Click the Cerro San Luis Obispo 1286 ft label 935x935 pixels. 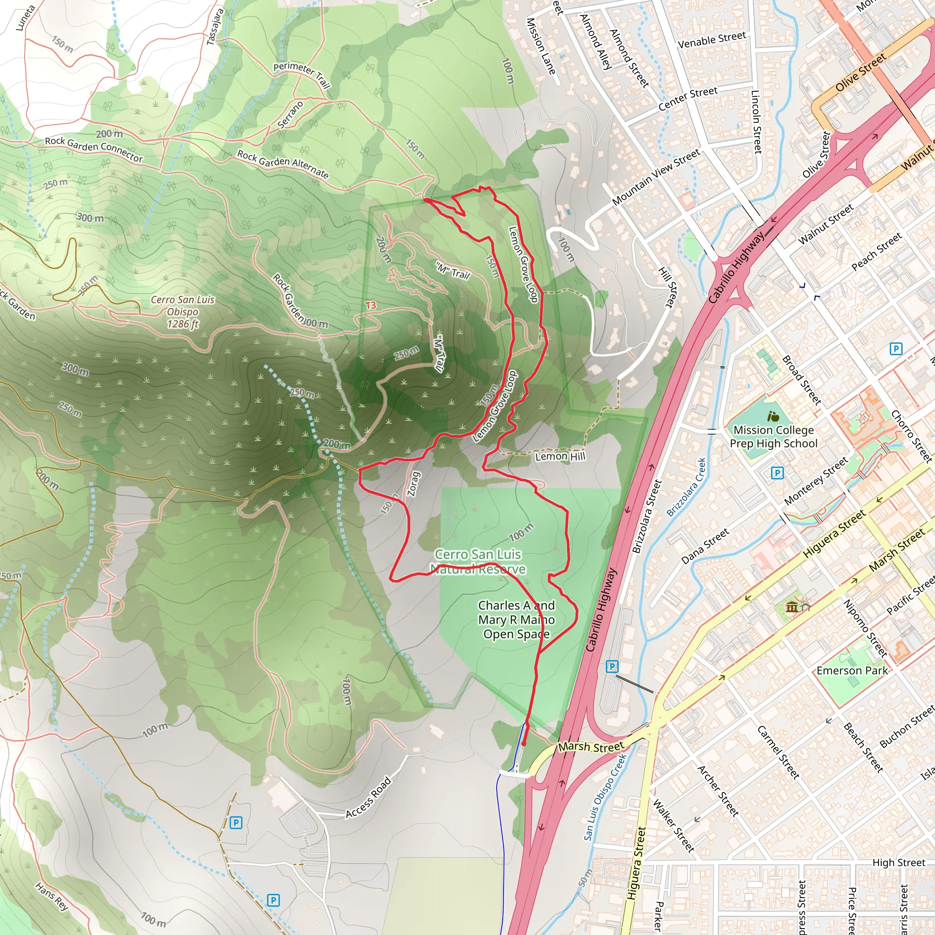click(x=182, y=312)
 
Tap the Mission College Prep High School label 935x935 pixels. click(x=773, y=436)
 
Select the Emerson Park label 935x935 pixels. click(x=852, y=671)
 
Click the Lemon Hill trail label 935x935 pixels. click(x=560, y=457)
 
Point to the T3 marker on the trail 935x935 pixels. click(x=371, y=305)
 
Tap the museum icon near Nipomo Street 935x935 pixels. click(x=792, y=606)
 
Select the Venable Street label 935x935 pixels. click(x=712, y=40)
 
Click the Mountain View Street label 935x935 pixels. click(x=656, y=177)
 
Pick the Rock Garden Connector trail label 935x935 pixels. click(x=94, y=149)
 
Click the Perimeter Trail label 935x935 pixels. click(x=302, y=75)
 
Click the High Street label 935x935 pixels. click(x=898, y=862)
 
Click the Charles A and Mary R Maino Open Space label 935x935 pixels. click(x=516, y=620)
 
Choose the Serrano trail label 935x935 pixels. click(x=290, y=115)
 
